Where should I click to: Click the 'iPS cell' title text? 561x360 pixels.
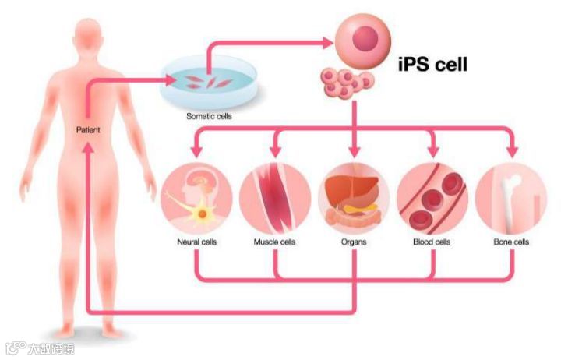(x=432, y=64)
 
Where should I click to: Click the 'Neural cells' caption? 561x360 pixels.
(x=196, y=242)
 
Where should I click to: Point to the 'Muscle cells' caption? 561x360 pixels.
(x=275, y=242)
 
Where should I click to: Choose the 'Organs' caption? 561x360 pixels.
(x=353, y=242)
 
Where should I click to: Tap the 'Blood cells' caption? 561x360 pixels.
(x=432, y=242)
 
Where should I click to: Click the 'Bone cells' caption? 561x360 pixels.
(x=511, y=242)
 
